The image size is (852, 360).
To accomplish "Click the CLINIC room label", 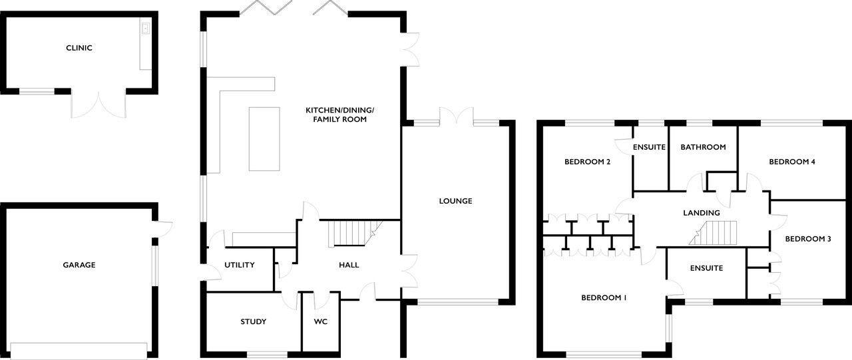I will [79, 48].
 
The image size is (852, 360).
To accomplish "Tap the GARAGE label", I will [79, 265].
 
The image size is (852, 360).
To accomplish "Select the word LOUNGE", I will [455, 201].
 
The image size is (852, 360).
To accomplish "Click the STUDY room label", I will [253, 322].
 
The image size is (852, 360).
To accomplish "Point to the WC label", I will [321, 322].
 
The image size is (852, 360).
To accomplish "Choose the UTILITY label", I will [239, 265].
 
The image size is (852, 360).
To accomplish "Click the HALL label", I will [349, 265].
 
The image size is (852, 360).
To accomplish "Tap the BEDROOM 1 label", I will [604, 298].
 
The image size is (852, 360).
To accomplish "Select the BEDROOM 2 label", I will [587, 162].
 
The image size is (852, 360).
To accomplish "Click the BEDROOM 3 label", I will [807, 239].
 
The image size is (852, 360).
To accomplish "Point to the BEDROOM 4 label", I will [791, 162].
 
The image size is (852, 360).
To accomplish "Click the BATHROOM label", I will [702, 147].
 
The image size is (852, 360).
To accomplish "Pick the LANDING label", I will [702, 213].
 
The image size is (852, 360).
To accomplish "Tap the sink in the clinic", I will [144, 29].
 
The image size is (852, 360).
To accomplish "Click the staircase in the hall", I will [351, 234].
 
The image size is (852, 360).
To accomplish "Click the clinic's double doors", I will [99, 104].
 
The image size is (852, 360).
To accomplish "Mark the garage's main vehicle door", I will [79, 349].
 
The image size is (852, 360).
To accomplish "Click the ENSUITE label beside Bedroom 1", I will [706, 269].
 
